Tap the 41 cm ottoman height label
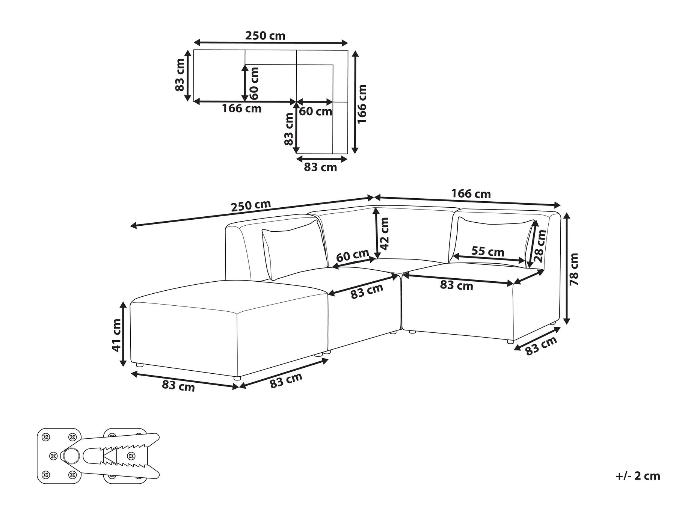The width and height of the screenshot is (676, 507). click(x=117, y=335)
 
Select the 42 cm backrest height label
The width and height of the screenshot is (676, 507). click(x=385, y=234)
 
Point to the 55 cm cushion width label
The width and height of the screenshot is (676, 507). click(x=487, y=251)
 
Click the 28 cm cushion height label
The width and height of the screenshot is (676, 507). click(x=540, y=246)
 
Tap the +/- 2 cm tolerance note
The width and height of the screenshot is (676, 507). click(x=638, y=476)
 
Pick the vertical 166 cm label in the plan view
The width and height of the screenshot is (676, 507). click(x=361, y=104)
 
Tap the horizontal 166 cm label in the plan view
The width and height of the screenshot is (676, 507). click(x=241, y=109)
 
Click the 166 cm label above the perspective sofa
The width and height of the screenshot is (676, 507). click(x=471, y=194)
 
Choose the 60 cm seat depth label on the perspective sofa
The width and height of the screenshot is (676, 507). click(x=352, y=256)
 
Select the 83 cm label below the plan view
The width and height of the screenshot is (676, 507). click(x=320, y=167)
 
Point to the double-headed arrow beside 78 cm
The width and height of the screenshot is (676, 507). click(x=567, y=268)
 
